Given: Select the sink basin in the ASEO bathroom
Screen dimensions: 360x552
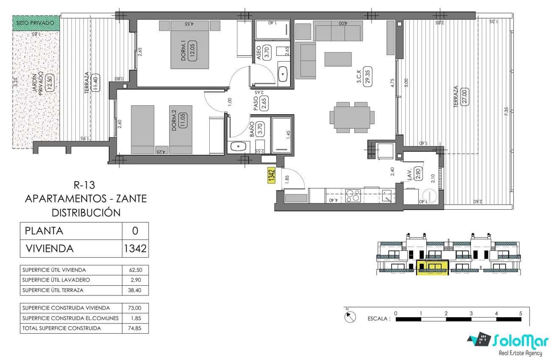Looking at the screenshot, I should click(283, 76).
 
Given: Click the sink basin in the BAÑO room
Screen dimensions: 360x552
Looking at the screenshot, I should click(239, 147).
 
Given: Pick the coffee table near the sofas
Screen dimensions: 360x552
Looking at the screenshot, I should click(338, 59).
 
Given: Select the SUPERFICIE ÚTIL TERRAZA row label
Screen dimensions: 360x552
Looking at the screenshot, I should click(53, 290).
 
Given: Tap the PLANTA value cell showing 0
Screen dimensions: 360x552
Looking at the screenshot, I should click(135, 231).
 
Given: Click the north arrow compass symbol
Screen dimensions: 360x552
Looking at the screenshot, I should click(351, 317).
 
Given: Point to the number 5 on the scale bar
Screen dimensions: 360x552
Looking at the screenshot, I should click(521, 313).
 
